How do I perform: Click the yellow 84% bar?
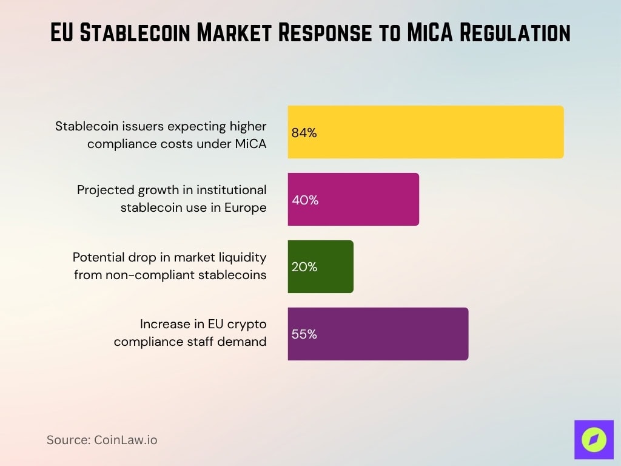[x=426, y=132]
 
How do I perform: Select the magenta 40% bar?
[x=353, y=200]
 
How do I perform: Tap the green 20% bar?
[x=320, y=267]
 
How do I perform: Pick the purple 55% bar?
[x=378, y=334]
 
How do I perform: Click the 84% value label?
[x=304, y=133]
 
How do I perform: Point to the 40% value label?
[x=304, y=200]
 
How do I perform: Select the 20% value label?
[x=304, y=267]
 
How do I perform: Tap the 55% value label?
[x=304, y=334]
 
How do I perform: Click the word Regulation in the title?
[x=520, y=33]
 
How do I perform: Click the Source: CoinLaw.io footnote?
[x=102, y=440]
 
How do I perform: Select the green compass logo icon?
[x=594, y=439]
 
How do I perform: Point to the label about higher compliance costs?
[x=161, y=135]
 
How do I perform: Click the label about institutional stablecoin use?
[x=172, y=199]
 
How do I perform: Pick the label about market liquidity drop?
[x=170, y=266]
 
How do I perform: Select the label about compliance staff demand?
[x=190, y=333]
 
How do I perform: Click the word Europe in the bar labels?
[x=244, y=208]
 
